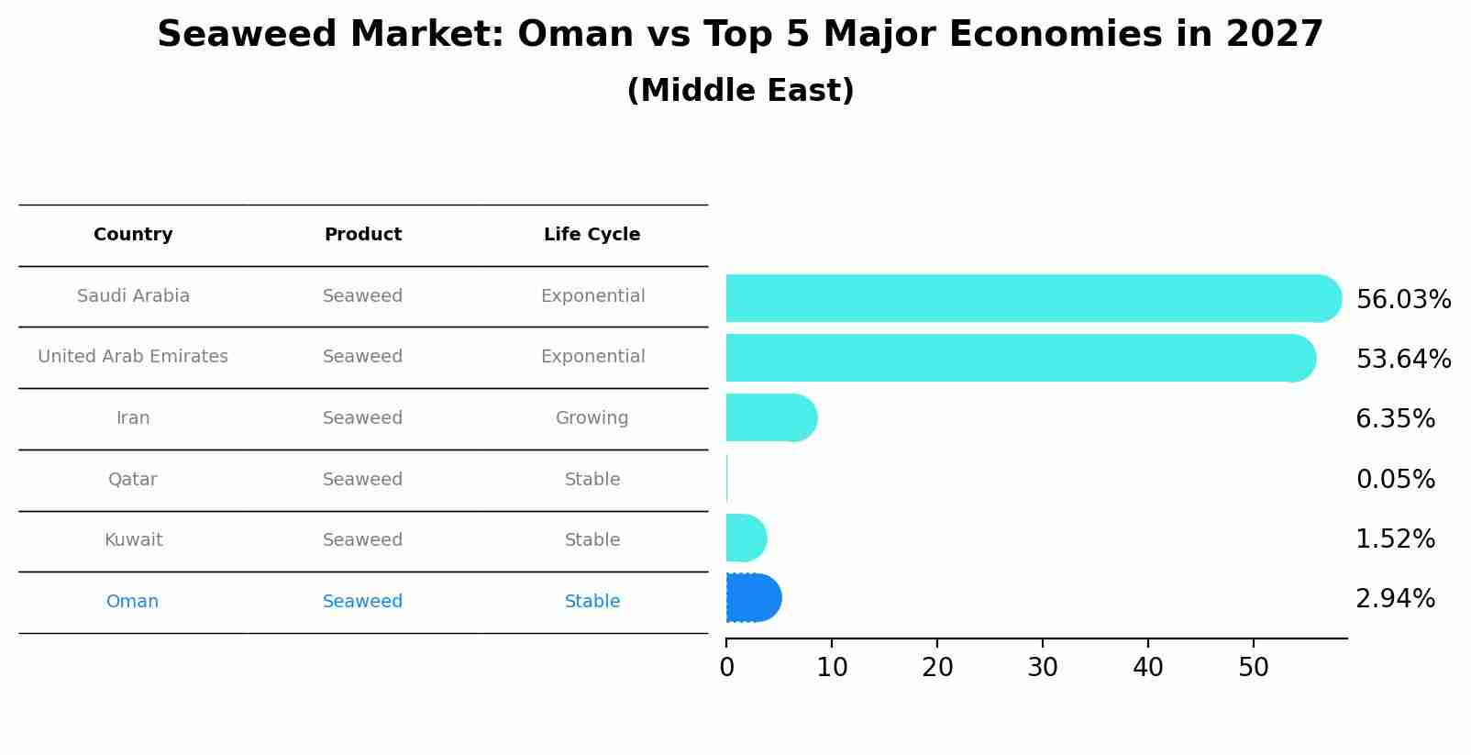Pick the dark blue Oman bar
(x=752, y=598)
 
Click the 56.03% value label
(x=1403, y=300)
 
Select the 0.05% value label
(x=1395, y=479)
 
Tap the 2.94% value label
(x=1395, y=599)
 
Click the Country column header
(x=133, y=235)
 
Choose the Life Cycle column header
(x=592, y=235)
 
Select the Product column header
(x=362, y=235)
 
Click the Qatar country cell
(x=133, y=479)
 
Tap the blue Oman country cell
(x=133, y=602)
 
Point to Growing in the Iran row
(x=592, y=418)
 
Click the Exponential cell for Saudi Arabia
(x=592, y=296)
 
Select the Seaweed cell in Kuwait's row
(x=362, y=540)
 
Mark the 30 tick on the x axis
(x=1043, y=668)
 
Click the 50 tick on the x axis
(x=1254, y=668)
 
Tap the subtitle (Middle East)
(x=740, y=91)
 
